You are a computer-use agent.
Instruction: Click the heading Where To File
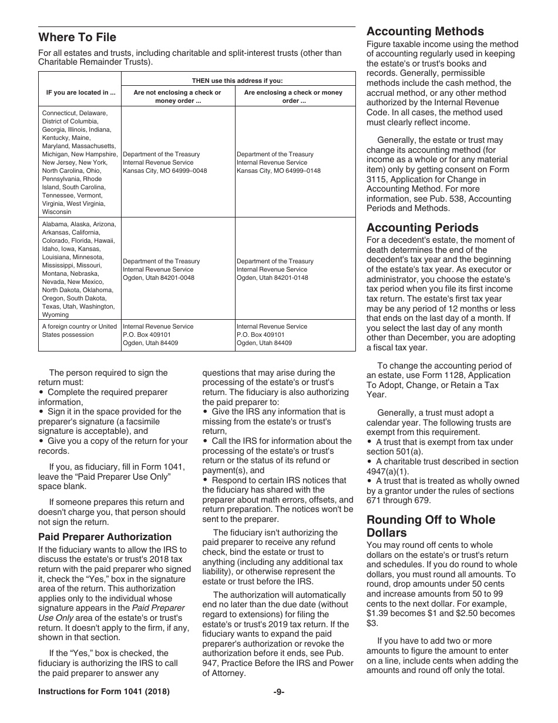(77, 38)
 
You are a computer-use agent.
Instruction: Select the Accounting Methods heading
(425, 32)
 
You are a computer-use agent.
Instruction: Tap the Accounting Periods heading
(422, 227)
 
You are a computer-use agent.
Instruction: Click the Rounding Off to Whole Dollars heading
(431, 526)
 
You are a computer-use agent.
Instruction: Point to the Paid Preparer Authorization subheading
(105, 537)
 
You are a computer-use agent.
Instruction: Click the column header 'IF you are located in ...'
(80, 92)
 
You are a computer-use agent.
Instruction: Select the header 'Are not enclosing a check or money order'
(177, 96)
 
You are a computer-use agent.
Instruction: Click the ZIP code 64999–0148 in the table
(301, 170)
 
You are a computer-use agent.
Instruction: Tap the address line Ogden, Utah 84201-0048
(159, 277)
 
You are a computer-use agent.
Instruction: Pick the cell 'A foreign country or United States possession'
(79, 330)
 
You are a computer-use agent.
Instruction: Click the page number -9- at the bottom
(279, 692)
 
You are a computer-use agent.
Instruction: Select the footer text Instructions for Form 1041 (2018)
(104, 692)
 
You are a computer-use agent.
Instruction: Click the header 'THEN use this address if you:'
(237, 81)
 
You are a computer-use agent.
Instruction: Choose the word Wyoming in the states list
(55, 314)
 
